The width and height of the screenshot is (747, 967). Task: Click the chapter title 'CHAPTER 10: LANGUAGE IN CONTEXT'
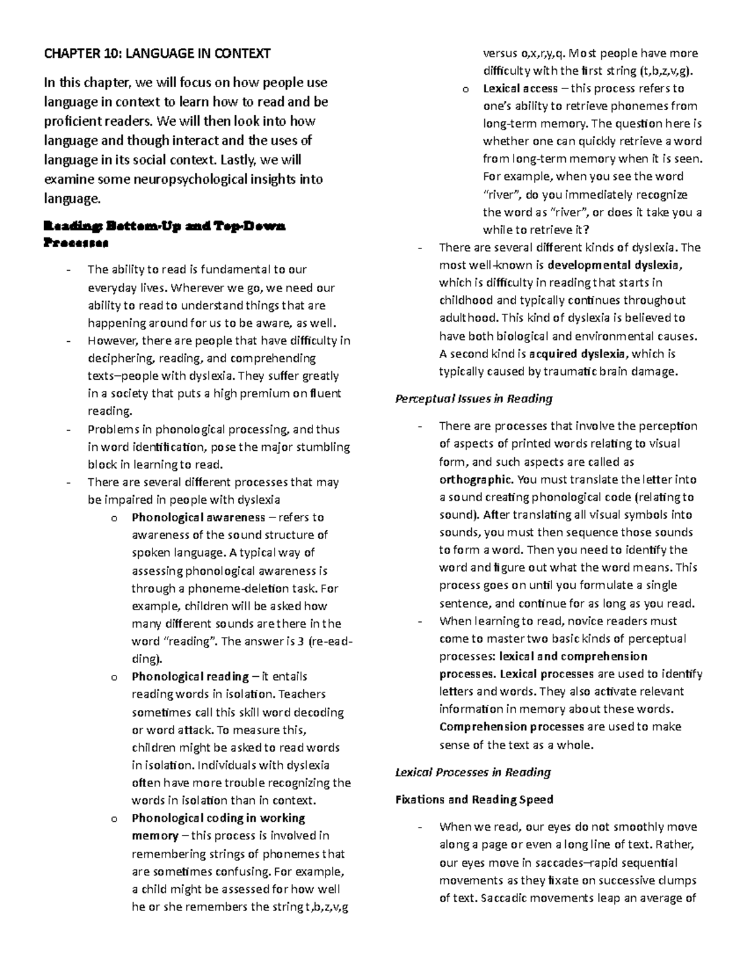pyautogui.click(x=157, y=54)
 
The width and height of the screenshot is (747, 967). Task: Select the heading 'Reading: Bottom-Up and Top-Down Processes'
pyautogui.click(x=164, y=234)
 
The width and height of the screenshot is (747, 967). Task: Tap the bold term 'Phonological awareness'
pyautogui.click(x=199, y=517)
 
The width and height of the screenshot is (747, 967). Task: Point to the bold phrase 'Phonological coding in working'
pyautogui.click(x=218, y=818)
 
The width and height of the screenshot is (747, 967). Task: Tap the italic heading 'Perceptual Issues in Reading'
pyautogui.click(x=474, y=399)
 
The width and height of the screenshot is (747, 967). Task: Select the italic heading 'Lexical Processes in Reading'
pyautogui.click(x=473, y=773)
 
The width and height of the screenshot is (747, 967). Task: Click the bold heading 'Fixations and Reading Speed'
pyautogui.click(x=474, y=800)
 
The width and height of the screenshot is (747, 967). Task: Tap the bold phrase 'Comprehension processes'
pyautogui.click(x=511, y=727)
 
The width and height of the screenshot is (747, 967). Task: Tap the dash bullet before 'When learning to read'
pyautogui.click(x=421, y=621)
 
